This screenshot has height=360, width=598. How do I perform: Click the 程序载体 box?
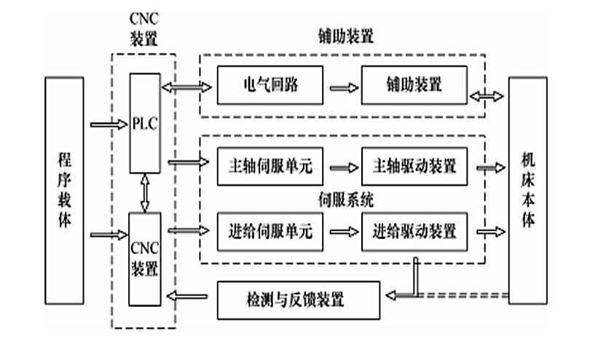64,200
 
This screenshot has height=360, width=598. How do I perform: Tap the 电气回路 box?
270,85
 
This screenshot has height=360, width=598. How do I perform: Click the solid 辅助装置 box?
413,85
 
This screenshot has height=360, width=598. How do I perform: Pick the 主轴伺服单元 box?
270,167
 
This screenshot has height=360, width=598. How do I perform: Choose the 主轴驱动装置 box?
413,167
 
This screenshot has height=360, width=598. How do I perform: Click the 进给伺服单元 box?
270,232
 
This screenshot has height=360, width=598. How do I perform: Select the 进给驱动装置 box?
413,232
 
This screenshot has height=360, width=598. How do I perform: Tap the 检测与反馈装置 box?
299,299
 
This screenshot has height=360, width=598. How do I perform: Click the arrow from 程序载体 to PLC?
107,124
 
